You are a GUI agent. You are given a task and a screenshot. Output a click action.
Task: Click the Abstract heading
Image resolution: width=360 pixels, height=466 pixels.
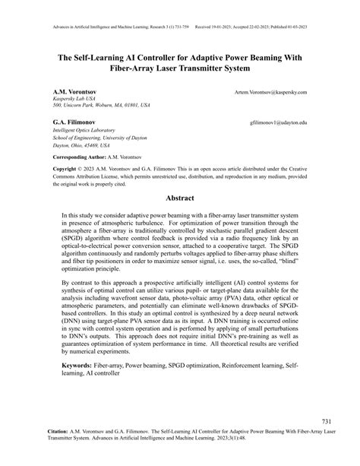pos(180,196)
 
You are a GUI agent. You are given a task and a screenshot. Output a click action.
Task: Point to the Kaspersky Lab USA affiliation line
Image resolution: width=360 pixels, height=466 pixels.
pos(74,99)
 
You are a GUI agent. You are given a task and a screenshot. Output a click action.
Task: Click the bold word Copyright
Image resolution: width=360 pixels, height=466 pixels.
pos(65,166)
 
